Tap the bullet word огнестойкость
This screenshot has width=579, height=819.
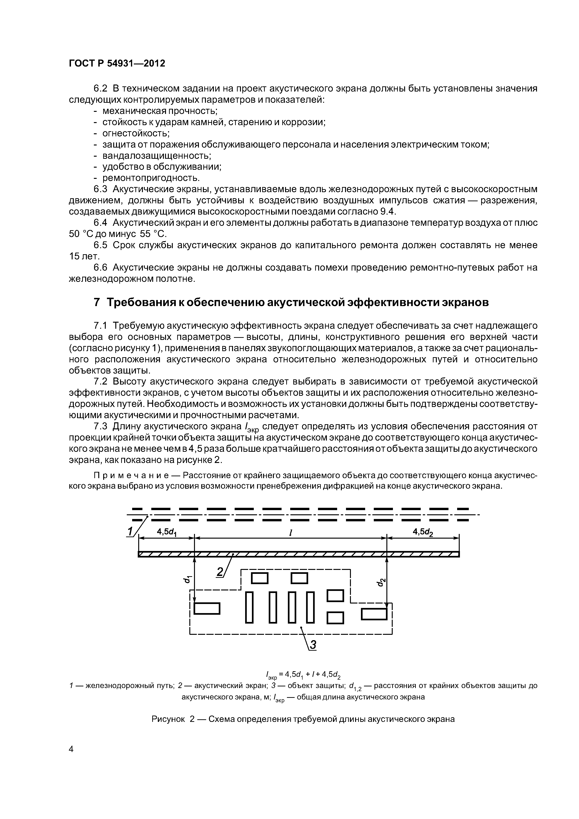click(136, 133)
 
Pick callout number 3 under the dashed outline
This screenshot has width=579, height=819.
click(313, 645)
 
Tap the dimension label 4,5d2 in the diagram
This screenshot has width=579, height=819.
click(423, 532)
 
